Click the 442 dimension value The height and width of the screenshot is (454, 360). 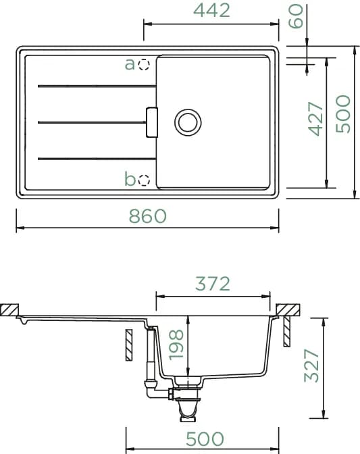tap(211, 10)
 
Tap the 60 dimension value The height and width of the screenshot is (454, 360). tap(297, 16)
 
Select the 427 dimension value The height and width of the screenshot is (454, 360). tap(315, 119)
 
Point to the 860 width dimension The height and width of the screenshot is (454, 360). tap(148, 216)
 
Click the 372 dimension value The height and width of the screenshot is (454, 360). tap(213, 284)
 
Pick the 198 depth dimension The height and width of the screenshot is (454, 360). tap(176, 345)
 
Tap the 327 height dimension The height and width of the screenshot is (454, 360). tap(311, 365)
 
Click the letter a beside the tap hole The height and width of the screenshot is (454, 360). tap(130, 64)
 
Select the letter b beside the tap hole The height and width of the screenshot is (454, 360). tap(130, 178)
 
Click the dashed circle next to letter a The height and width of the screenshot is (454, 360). tap(144, 65)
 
